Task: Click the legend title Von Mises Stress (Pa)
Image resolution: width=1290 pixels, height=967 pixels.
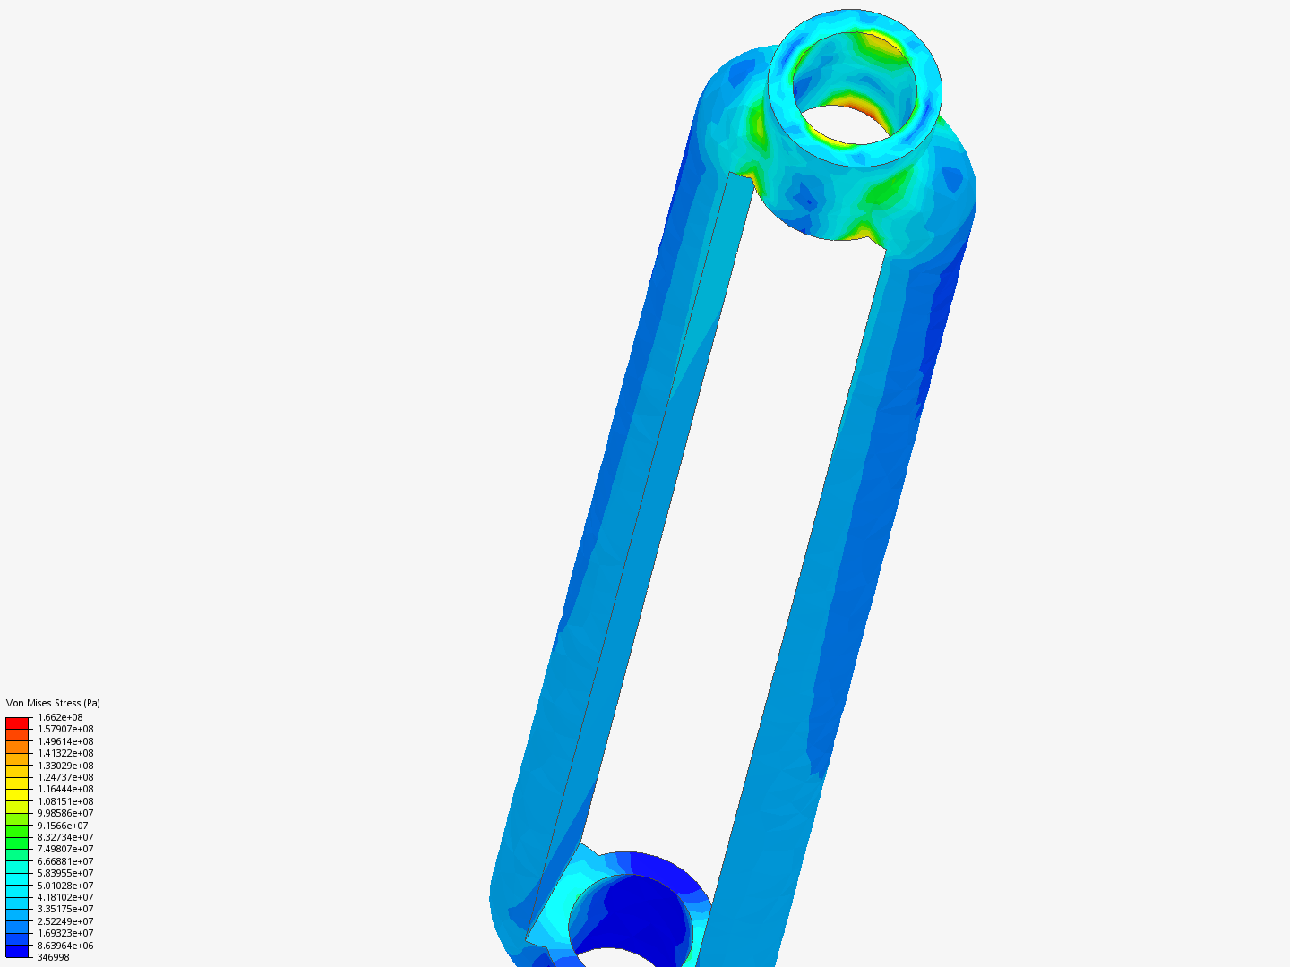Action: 53,703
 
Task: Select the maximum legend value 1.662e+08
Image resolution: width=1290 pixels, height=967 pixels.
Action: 60,717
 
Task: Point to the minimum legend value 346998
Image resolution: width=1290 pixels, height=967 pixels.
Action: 53,957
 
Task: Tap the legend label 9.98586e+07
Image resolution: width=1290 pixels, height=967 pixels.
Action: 64,813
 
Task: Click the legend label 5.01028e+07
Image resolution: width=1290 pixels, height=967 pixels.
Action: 64,886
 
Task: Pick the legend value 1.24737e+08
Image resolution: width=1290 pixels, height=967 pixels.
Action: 64,777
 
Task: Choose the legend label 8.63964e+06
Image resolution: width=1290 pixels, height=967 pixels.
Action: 64,946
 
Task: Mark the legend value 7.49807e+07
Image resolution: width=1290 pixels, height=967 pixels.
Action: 64,849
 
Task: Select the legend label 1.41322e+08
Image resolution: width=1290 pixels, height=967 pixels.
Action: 64,753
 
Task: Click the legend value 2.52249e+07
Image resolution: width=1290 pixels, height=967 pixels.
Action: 64,921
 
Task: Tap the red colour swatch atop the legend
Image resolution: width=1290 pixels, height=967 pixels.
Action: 17,723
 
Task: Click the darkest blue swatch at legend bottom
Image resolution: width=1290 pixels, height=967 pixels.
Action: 17,951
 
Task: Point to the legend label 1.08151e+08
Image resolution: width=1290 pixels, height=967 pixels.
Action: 64,801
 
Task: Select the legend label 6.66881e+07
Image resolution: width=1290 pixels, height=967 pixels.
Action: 64,861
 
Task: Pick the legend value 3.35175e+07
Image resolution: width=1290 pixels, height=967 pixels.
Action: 64,909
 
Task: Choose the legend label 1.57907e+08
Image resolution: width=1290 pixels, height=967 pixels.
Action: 64,729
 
